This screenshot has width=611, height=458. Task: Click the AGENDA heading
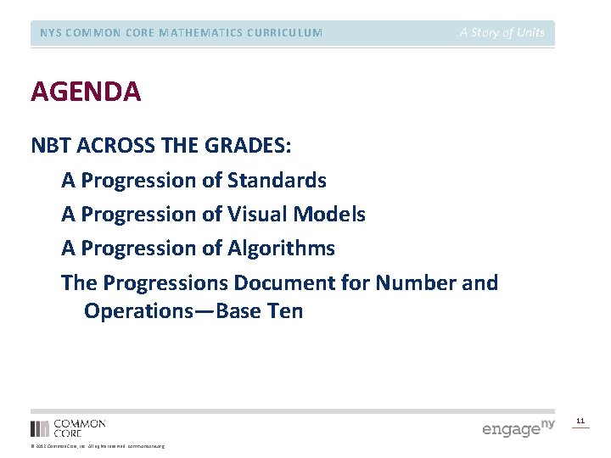tap(86, 92)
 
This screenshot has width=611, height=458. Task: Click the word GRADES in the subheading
tap(247, 146)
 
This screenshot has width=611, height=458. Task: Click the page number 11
tap(580, 421)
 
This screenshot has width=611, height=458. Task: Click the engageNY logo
tap(518, 427)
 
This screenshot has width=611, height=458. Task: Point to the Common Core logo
tap(68, 427)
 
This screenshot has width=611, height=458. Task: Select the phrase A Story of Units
tap(502, 33)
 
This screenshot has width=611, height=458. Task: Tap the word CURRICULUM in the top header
tap(285, 33)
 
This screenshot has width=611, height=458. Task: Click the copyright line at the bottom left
tap(98, 446)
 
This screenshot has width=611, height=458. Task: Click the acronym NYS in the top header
tap(50, 33)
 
